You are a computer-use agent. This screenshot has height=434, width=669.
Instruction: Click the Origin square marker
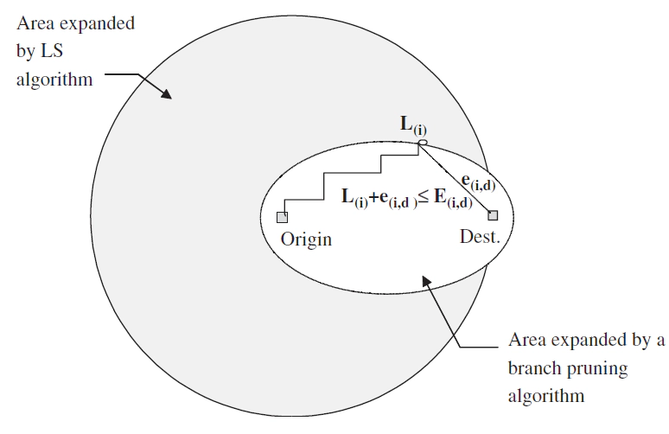pos(282,217)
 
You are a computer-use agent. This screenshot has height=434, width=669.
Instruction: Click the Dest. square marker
pos(493,215)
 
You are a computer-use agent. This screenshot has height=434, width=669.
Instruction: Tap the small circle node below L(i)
pos(423,142)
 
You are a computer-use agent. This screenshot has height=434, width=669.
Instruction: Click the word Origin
pos(306,239)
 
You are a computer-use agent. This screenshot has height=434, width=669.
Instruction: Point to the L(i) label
pos(411,127)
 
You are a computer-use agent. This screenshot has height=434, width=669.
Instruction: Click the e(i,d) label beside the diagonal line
pos(477,182)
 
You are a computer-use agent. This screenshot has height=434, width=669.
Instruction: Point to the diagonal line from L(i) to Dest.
pos(458,179)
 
